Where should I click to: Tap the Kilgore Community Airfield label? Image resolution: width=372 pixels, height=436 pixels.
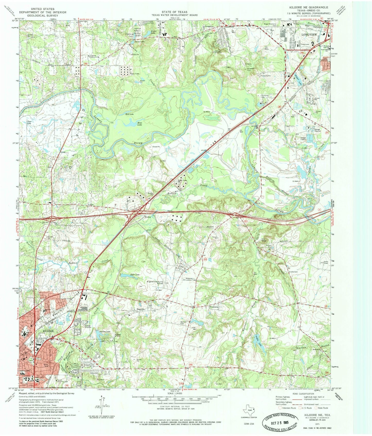155,283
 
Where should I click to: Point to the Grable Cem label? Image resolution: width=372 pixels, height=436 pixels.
293,272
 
